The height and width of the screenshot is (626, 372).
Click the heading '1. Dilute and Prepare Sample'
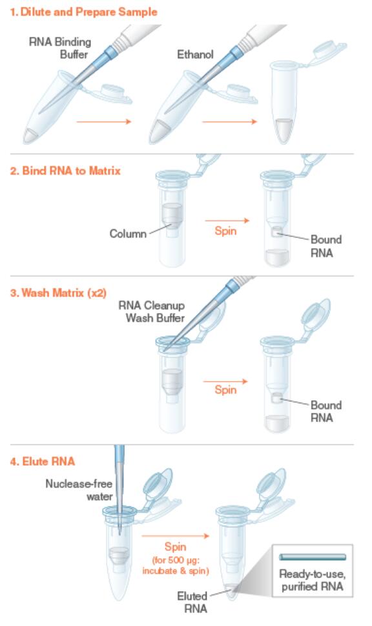coord(83,12)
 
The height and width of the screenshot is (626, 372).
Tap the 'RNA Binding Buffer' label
coord(60,48)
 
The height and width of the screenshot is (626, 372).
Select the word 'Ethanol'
coord(195,54)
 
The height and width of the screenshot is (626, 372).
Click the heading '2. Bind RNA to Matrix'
coord(65,171)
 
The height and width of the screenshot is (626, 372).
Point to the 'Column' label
coord(128,234)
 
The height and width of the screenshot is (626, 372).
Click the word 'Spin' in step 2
coord(225,231)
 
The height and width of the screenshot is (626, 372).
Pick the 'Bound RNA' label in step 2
coord(326,246)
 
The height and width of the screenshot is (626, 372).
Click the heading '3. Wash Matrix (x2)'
coord(58,293)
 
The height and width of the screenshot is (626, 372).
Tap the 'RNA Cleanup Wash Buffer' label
coord(152,311)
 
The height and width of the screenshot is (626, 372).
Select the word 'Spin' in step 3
coord(225,390)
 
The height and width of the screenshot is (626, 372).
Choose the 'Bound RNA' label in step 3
coord(326,412)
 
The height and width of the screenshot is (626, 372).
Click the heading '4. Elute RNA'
coord(43,461)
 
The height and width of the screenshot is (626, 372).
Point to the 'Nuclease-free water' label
coord(79,490)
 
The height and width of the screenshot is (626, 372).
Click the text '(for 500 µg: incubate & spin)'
coord(176,565)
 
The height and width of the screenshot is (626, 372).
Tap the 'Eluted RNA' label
coord(192,602)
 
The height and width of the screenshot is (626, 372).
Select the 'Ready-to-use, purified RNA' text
coord(313,580)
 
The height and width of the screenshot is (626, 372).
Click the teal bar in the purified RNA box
coord(313,557)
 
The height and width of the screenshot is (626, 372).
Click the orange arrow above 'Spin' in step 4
coord(176,536)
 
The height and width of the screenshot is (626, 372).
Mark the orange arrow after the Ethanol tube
coord(229,121)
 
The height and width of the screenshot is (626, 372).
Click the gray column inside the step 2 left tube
coord(172,219)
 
